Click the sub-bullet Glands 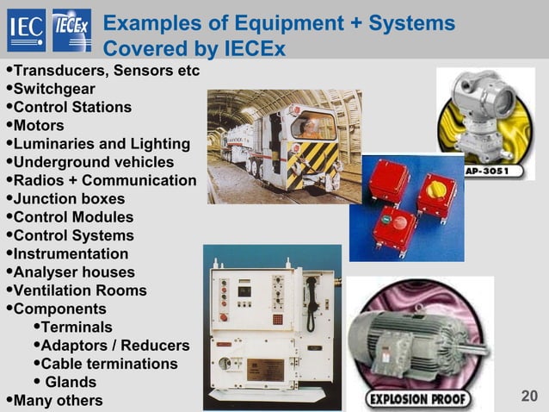tap(70, 382)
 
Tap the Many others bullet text tap(58, 400)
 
